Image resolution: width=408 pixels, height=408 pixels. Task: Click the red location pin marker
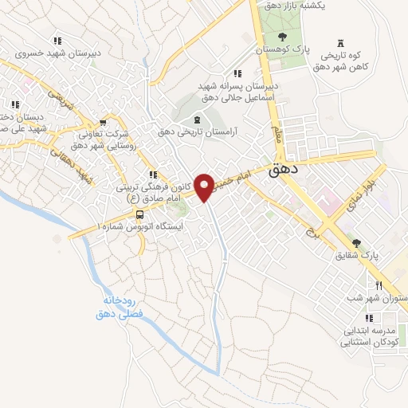point(206,186)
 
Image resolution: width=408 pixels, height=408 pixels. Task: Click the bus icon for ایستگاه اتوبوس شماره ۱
point(140,214)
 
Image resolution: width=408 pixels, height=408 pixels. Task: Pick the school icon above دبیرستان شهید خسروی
point(57,41)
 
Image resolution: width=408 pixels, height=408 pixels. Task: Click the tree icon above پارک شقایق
point(355,243)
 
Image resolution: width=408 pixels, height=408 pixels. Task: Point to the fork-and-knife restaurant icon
point(380,285)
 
